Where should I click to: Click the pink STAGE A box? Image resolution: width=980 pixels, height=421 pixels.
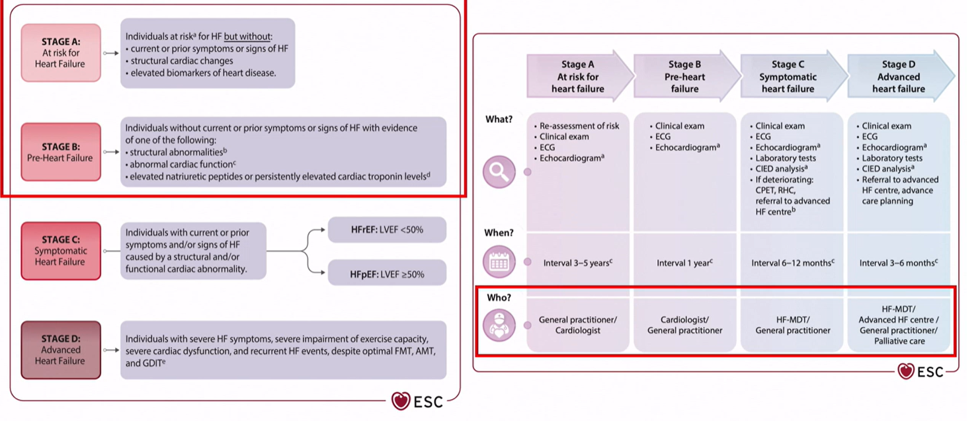(61, 53)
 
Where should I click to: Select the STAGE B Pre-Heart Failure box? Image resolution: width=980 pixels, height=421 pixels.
(61, 152)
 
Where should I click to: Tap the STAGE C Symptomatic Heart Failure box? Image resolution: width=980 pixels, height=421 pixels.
(61, 250)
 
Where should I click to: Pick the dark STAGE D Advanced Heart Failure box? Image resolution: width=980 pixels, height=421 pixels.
(61, 350)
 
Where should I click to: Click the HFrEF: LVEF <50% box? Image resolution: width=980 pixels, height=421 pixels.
(388, 229)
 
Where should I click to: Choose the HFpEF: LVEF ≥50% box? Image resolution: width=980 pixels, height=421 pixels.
(388, 274)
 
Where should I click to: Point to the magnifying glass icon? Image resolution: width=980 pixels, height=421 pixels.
(499, 172)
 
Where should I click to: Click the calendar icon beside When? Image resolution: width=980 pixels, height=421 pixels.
(499, 262)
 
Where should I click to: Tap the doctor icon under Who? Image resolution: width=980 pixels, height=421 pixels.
(499, 325)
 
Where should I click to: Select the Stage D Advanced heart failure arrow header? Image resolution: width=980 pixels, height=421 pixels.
(901, 77)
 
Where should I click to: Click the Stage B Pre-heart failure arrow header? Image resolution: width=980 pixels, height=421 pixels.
(686, 77)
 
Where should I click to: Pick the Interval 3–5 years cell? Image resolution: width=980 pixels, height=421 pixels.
(578, 263)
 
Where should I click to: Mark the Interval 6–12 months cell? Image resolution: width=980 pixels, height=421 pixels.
(793, 263)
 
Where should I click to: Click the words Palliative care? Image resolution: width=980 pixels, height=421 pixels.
(899, 341)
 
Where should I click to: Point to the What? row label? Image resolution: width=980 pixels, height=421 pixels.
(499, 120)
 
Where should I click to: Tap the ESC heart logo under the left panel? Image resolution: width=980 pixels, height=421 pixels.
(417, 401)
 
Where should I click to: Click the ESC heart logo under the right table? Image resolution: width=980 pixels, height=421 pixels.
(920, 371)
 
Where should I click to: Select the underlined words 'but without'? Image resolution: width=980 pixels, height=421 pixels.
(247, 37)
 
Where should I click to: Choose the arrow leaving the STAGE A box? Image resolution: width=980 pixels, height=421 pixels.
(110, 54)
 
